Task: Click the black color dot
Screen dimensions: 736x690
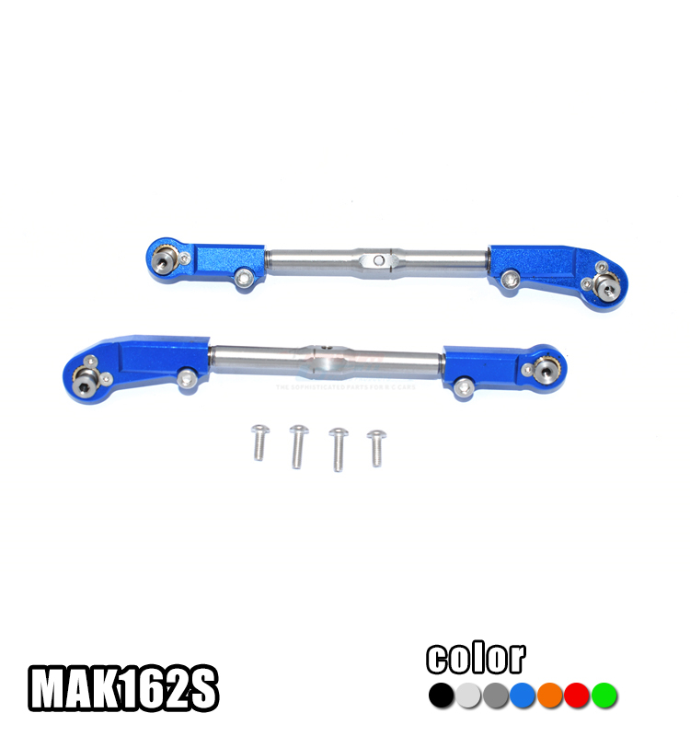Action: click(x=443, y=695)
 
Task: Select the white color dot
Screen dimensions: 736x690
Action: click(x=469, y=695)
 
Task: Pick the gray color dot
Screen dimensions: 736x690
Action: click(x=496, y=695)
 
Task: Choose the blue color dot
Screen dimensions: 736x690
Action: click(x=523, y=695)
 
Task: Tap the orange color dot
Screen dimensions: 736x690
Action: click(x=550, y=695)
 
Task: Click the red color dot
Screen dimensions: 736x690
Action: click(x=577, y=695)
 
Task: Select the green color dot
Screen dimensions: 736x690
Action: click(x=604, y=695)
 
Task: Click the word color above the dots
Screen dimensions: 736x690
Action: click(x=476, y=659)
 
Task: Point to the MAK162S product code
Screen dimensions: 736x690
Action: click(x=124, y=688)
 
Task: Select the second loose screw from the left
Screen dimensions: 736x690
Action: click(x=298, y=445)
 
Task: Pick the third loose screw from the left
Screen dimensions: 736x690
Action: click(x=339, y=447)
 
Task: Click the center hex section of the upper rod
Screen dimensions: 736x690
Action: click(x=377, y=260)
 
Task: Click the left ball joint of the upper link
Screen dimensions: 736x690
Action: click(x=165, y=259)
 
